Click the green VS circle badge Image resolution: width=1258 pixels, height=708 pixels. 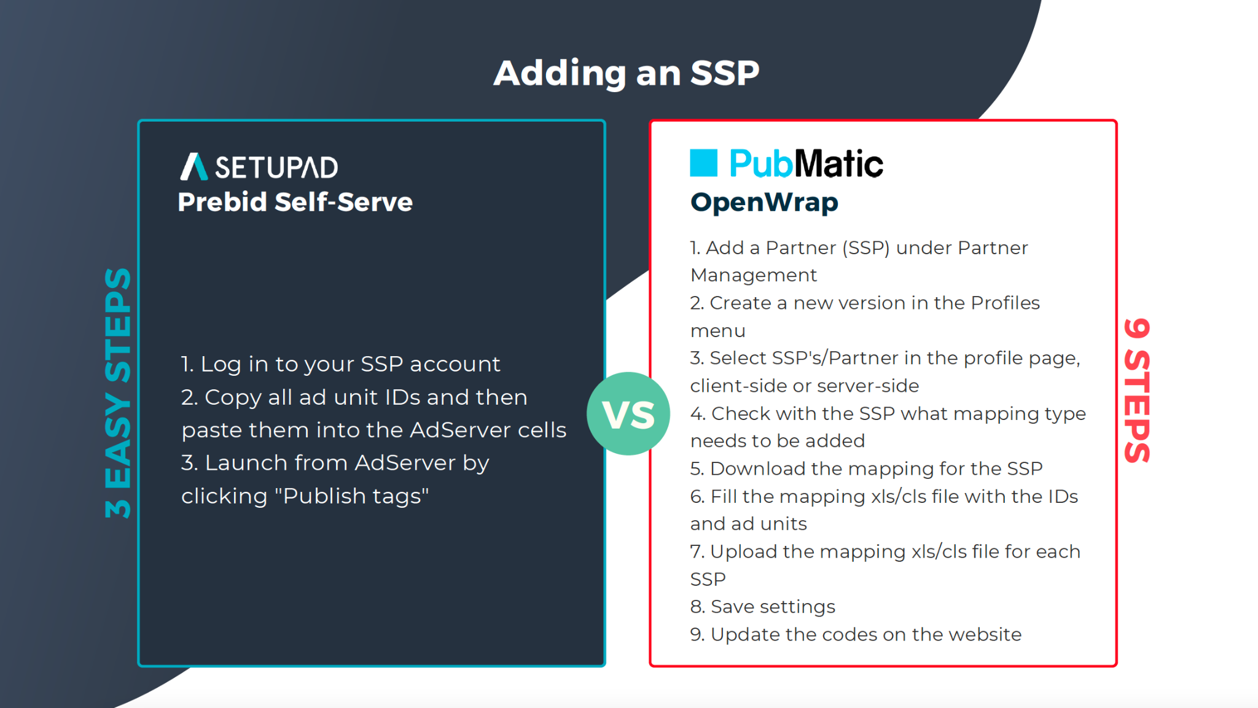pyautogui.click(x=628, y=413)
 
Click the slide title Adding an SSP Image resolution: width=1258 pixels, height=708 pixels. pyautogui.click(x=627, y=73)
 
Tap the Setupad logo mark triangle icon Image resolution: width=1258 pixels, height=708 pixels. pyautogui.click(x=193, y=166)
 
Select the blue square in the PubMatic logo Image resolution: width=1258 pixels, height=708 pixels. pyautogui.click(x=703, y=163)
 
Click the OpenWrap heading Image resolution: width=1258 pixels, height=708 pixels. pyautogui.click(x=764, y=203)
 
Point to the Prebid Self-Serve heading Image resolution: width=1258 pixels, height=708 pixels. pyautogui.click(x=295, y=202)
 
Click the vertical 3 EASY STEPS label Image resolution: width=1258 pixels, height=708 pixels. pyautogui.click(x=118, y=393)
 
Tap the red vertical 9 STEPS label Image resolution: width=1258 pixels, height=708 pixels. pyautogui.click(x=1137, y=391)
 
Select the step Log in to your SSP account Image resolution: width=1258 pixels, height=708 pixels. pyautogui.click(x=340, y=364)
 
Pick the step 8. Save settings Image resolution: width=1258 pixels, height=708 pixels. pyautogui.click(x=762, y=607)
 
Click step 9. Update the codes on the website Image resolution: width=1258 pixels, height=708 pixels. pyautogui.click(x=856, y=634)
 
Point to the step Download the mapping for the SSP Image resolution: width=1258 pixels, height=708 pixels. pyautogui.click(x=866, y=469)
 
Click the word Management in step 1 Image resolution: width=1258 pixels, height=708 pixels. pyautogui.click(x=754, y=275)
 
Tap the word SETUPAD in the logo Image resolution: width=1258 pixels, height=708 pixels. pyautogui.click(x=276, y=168)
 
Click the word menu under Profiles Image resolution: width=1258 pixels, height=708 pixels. pyautogui.click(x=717, y=331)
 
